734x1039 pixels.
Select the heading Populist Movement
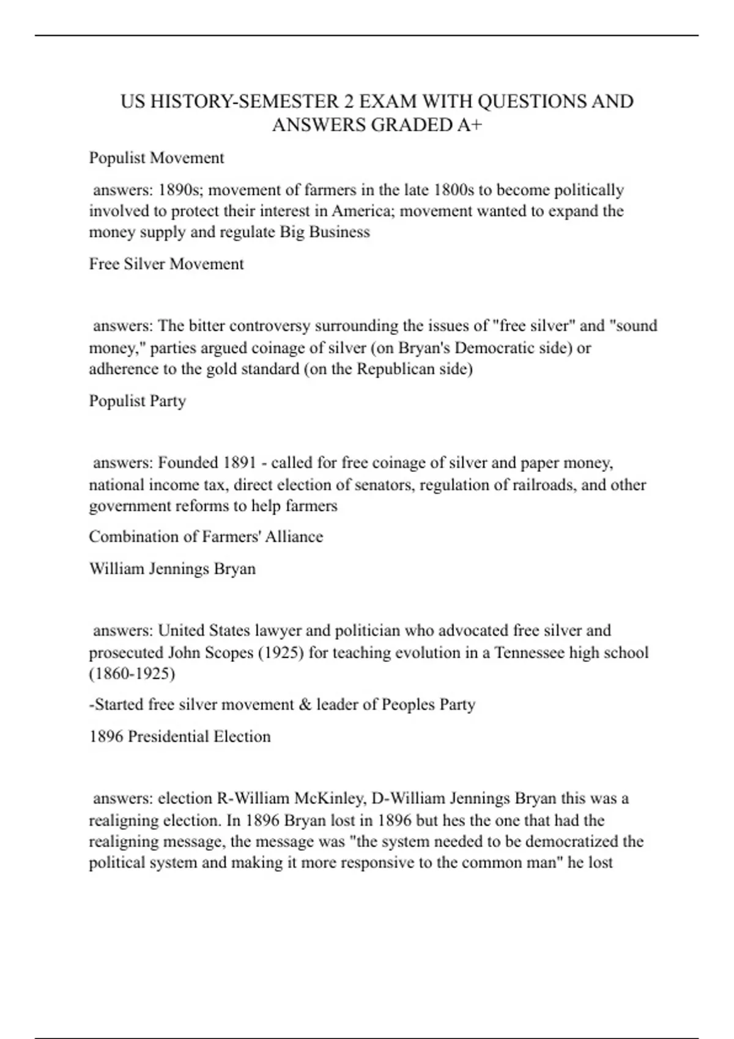point(157,158)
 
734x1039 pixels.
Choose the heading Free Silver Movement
point(166,264)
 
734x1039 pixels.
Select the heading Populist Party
point(138,401)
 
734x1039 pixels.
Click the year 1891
point(240,463)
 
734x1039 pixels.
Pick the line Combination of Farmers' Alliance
point(206,537)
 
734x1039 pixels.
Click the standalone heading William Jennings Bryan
point(172,569)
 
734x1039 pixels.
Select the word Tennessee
point(529,652)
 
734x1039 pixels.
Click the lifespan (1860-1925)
point(132,674)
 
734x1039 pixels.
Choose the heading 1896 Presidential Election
point(180,736)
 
